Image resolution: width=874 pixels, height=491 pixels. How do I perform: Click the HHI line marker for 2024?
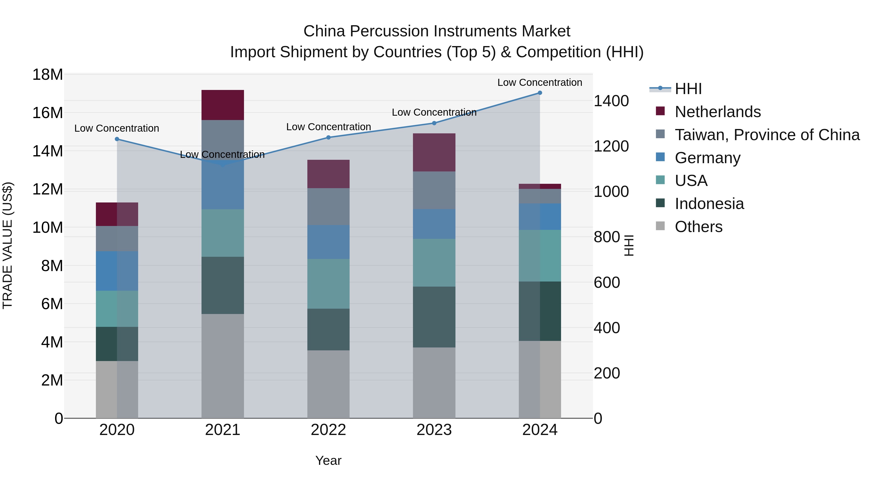[540, 93]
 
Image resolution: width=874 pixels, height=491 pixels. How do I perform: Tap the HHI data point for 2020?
[117, 139]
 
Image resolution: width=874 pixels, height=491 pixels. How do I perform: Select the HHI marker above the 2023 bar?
[434, 123]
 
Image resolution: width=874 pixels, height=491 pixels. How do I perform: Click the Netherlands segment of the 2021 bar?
[223, 105]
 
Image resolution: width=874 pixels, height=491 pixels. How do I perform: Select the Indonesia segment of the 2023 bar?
[434, 317]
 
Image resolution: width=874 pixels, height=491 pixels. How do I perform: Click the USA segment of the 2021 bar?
[223, 233]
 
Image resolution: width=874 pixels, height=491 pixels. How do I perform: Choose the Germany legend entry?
[707, 158]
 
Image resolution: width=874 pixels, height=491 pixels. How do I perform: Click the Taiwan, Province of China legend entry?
[767, 135]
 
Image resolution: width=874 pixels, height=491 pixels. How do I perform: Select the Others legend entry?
[698, 227]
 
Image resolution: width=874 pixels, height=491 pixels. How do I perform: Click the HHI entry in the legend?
[688, 89]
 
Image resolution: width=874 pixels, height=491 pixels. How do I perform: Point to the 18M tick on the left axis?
[48, 74]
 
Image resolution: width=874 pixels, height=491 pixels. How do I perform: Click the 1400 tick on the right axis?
[611, 101]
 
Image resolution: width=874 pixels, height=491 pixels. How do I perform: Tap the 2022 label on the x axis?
[328, 430]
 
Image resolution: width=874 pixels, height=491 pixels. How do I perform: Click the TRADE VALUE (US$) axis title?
[8, 245]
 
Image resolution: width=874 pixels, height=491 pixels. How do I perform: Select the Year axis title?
[328, 460]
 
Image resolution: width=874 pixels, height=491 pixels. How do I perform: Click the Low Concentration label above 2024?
[539, 82]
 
